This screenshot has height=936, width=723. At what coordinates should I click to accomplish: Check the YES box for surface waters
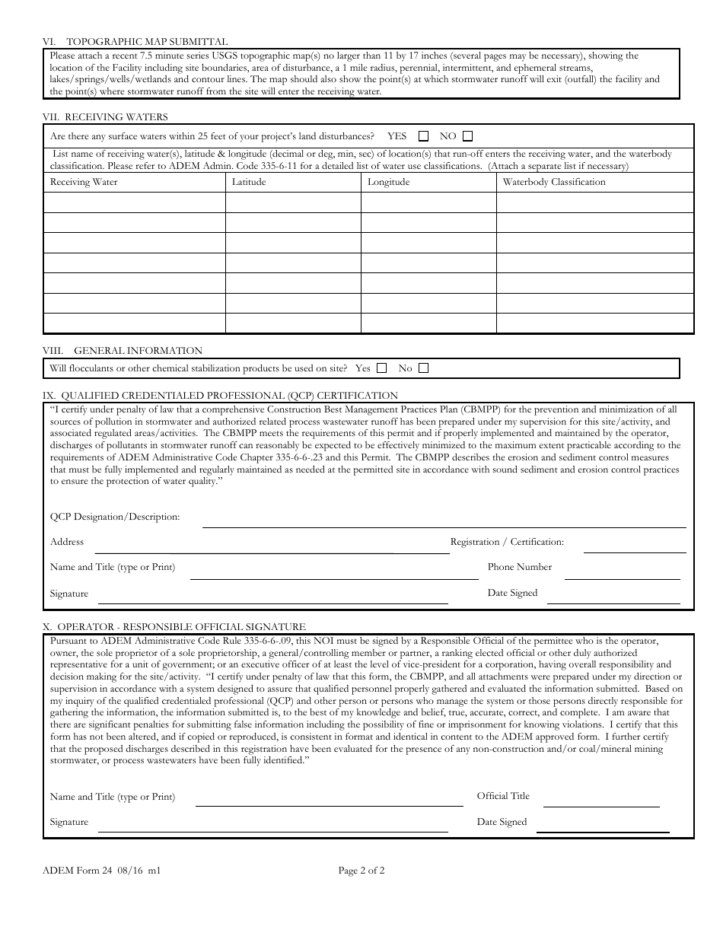click(x=424, y=136)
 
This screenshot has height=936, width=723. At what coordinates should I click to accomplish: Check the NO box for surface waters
click(x=467, y=136)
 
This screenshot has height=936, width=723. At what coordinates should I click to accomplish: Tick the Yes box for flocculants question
click(x=382, y=368)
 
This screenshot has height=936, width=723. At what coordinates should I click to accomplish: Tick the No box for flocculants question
click(x=424, y=368)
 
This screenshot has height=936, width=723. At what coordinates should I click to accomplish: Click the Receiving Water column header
click(x=84, y=182)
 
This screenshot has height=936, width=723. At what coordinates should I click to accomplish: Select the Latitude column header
click(x=249, y=182)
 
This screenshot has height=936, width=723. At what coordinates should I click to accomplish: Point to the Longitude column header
click(x=388, y=182)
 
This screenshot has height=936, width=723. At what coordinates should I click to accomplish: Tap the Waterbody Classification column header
click(x=554, y=182)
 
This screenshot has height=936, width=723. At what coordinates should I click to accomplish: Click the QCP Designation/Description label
click(x=115, y=517)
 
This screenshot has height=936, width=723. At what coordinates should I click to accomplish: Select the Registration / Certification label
click(x=507, y=542)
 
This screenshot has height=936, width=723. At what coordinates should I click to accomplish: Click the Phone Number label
click(x=520, y=567)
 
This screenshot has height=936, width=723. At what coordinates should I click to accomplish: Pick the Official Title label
click(x=503, y=796)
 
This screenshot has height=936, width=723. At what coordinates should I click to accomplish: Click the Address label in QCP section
click(x=67, y=542)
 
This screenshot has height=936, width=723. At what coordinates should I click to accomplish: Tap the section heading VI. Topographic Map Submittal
click(x=135, y=42)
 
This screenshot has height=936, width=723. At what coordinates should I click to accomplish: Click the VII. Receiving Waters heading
click(x=106, y=117)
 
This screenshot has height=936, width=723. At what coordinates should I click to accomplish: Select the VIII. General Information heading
click(x=123, y=351)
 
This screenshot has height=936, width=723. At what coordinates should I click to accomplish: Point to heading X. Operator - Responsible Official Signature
click(x=174, y=627)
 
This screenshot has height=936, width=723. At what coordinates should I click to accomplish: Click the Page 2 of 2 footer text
click(x=361, y=871)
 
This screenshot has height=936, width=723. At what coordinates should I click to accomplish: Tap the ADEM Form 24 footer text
click(x=102, y=871)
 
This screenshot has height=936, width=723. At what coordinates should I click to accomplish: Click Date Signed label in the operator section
click(x=502, y=822)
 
